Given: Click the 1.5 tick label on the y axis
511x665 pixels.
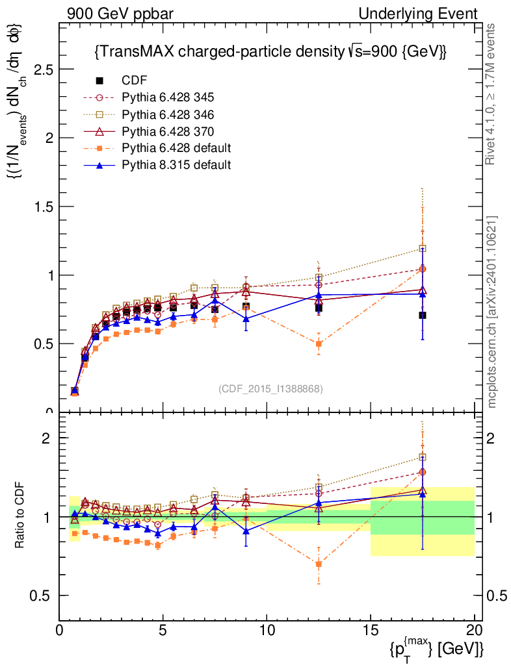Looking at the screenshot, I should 43,207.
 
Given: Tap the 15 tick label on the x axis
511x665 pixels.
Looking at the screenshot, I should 371,631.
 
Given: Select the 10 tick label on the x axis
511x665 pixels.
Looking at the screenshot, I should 267,631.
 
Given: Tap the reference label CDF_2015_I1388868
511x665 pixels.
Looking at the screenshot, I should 270,388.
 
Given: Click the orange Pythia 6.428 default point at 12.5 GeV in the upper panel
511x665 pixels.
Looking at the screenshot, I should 319,344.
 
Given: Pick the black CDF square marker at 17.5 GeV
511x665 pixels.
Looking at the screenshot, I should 423,315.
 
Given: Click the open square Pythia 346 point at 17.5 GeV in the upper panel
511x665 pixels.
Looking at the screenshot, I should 423,248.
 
